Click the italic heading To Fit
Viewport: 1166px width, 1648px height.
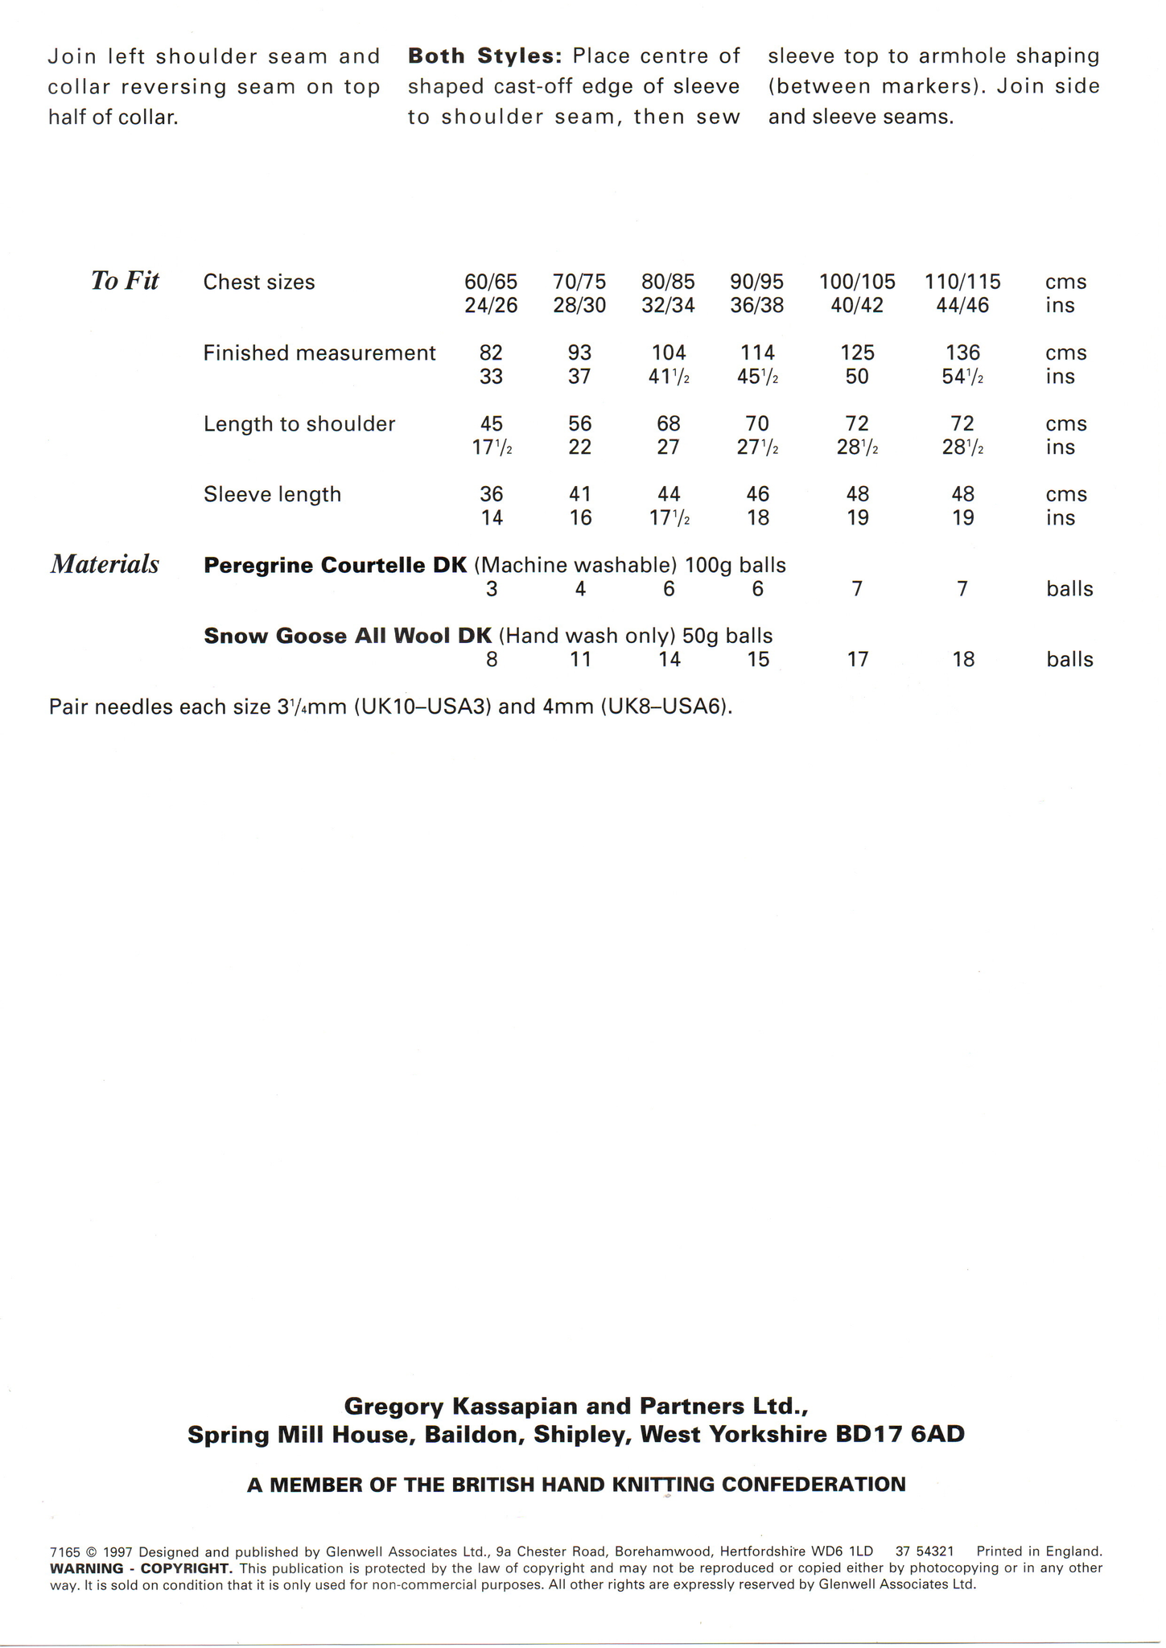(x=125, y=281)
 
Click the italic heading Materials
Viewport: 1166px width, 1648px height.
(x=105, y=565)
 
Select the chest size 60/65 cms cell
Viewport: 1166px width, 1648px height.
(x=491, y=282)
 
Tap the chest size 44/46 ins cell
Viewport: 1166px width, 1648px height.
(x=962, y=306)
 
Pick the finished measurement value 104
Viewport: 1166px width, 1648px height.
(x=668, y=353)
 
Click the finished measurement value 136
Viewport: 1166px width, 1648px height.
(x=962, y=353)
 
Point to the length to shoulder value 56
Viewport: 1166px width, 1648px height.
(x=579, y=424)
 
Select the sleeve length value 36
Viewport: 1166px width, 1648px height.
(x=491, y=494)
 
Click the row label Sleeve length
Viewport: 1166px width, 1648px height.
(x=272, y=494)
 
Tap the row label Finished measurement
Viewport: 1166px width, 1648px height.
(x=319, y=353)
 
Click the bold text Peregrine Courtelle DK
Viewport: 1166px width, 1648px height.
(x=335, y=566)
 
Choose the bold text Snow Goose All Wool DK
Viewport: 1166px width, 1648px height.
(x=347, y=637)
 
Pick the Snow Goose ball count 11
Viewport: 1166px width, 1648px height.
(x=580, y=660)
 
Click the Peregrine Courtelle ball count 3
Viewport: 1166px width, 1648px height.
(x=492, y=589)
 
